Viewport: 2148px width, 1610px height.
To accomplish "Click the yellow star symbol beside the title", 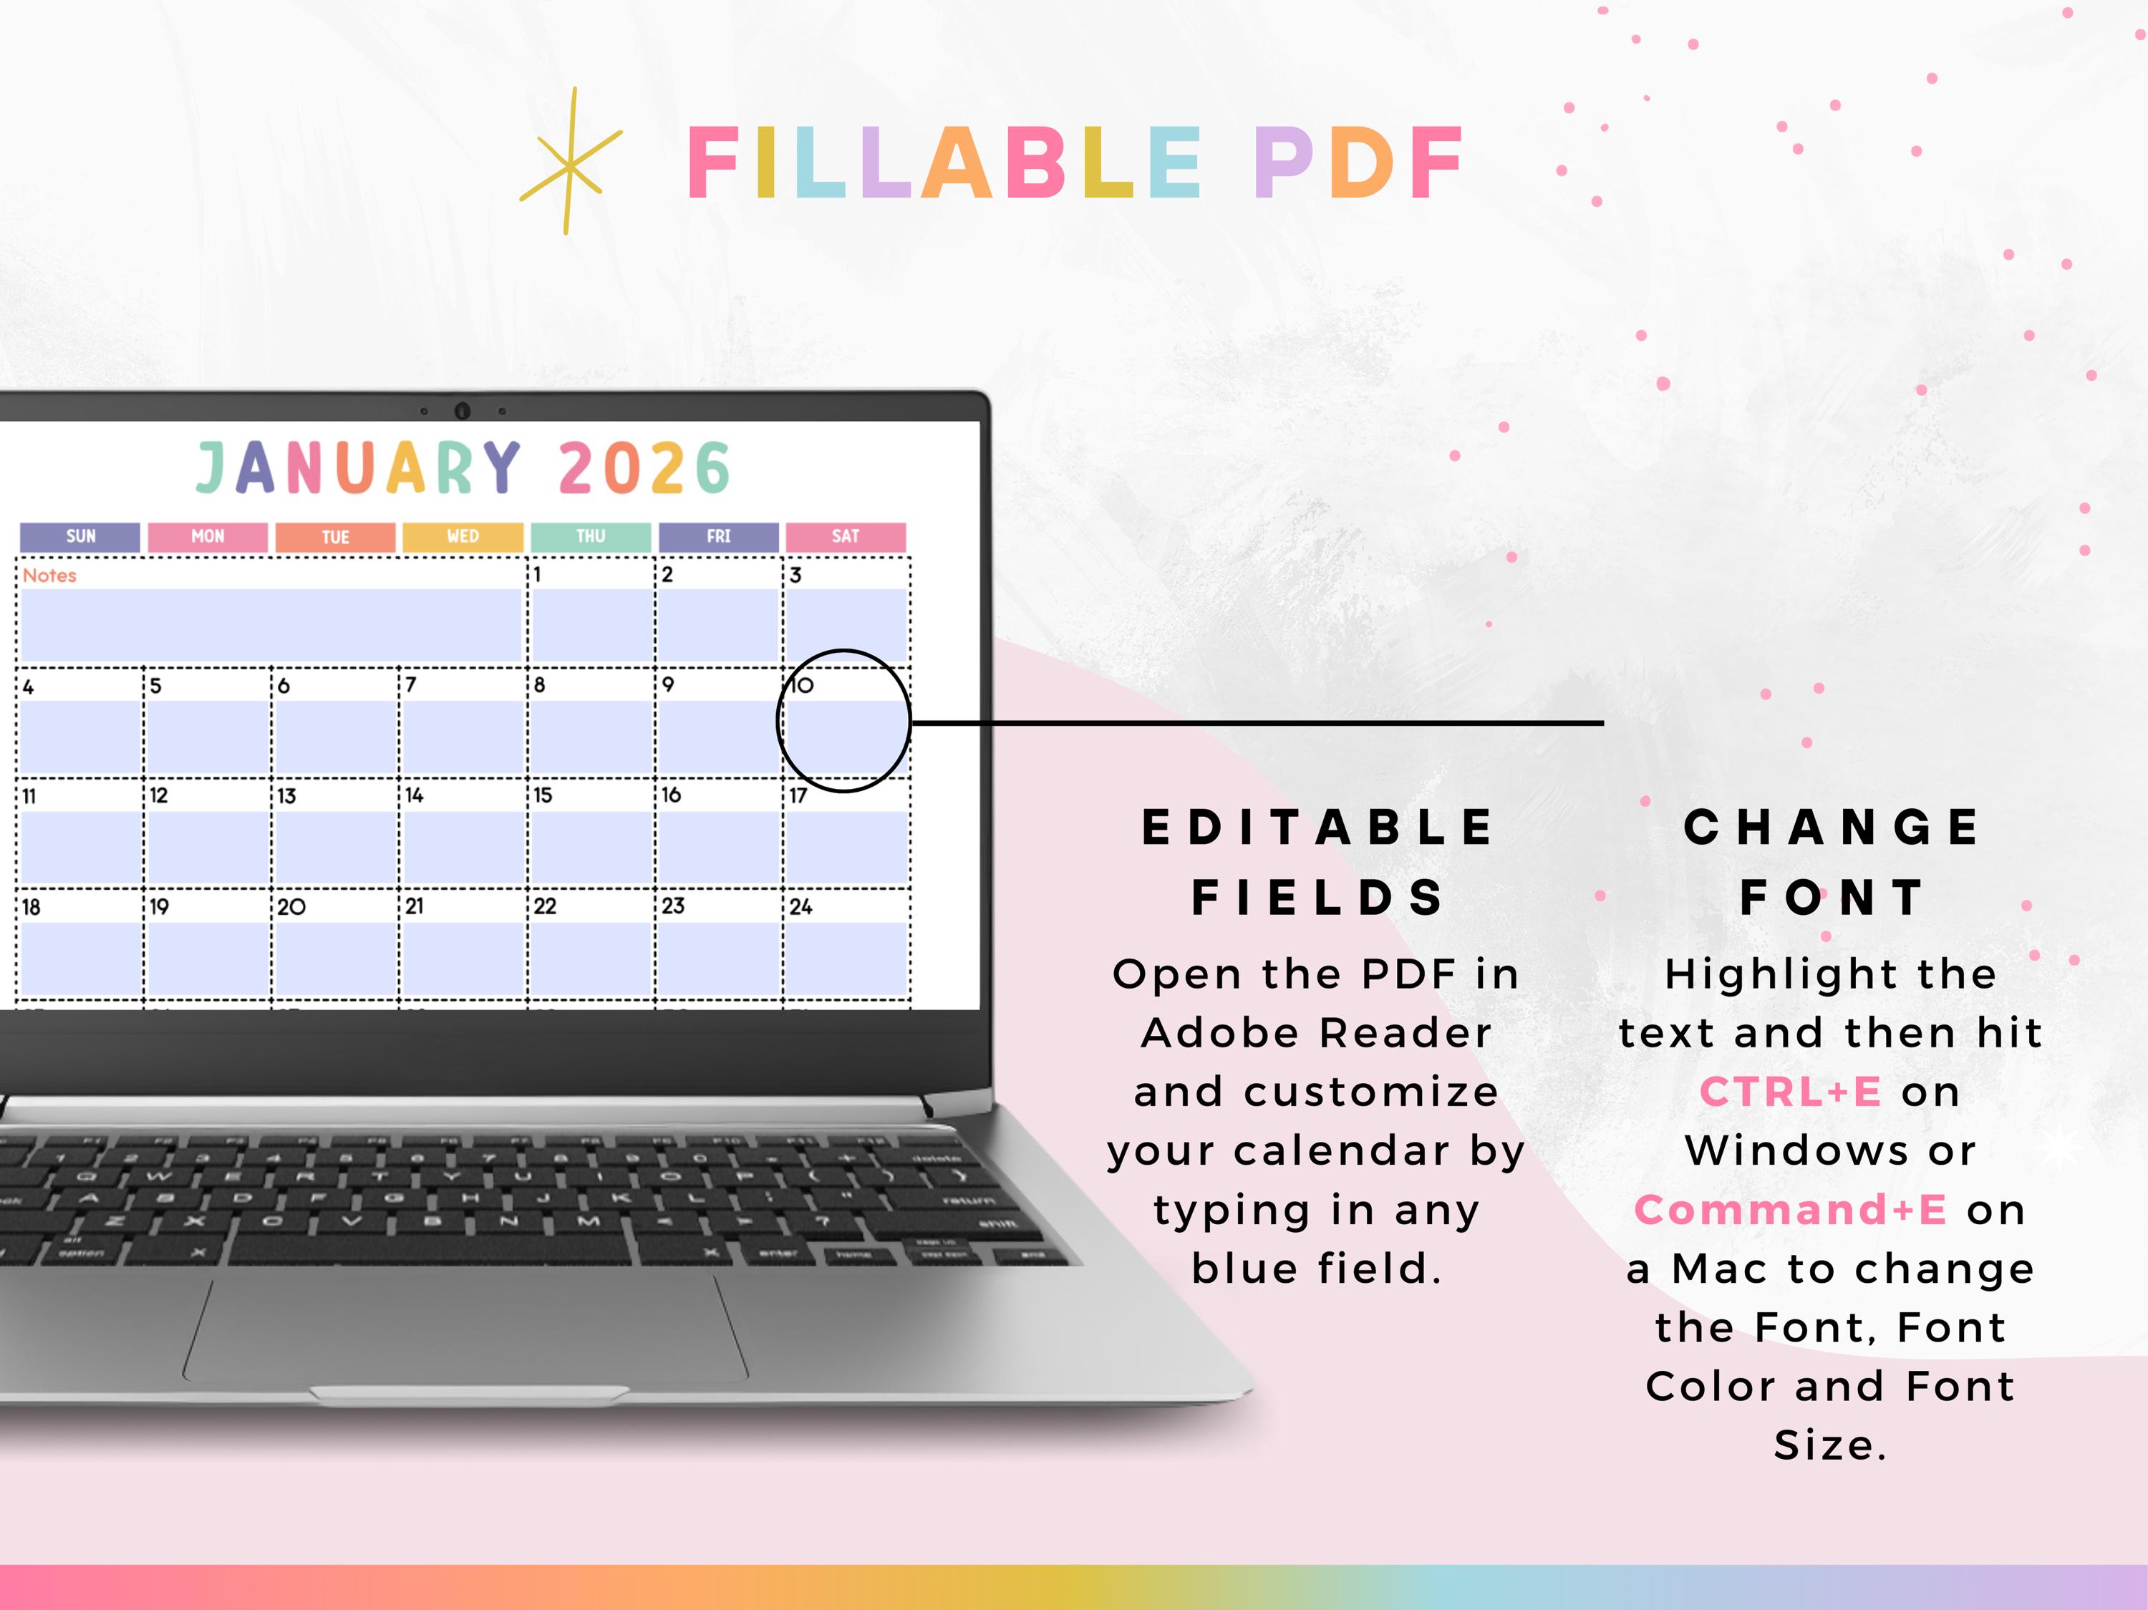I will (570, 163).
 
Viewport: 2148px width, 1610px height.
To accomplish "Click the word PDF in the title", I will (1360, 163).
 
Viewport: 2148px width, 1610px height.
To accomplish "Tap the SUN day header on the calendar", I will (81, 536).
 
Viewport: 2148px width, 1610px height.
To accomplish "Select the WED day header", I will (463, 536).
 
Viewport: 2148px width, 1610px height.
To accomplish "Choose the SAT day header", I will (846, 536).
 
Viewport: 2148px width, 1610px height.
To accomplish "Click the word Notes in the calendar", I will (49, 576).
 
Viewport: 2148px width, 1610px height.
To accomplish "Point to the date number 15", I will (543, 795).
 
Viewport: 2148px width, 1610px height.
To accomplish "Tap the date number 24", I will (800, 907).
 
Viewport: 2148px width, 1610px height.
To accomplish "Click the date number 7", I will (411, 684).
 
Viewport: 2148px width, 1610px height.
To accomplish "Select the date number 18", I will (31, 907).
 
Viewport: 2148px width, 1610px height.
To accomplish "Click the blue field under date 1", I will (591, 626).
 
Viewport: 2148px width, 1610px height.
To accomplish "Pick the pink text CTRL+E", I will (1791, 1092).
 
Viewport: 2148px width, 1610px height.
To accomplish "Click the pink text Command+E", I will (1791, 1210).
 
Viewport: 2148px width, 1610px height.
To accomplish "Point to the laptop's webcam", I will (463, 411).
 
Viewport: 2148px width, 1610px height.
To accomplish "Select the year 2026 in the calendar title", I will (644, 468).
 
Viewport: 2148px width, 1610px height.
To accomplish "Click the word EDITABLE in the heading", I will (1317, 828).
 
